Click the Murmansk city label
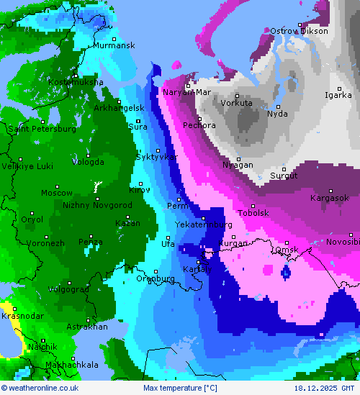pos(114,45)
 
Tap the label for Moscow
pos(56,193)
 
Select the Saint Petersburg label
pos(42,129)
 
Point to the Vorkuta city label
pos(236,103)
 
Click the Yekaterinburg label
pos(204,224)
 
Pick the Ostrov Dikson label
pos(299,31)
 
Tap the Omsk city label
pos(286,250)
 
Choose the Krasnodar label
pos(22,316)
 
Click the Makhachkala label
pos(71,365)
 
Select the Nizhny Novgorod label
pos(97,205)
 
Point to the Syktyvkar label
pos(156,157)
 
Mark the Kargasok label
pos(329,198)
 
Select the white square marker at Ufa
pos(168,237)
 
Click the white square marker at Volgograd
pos(69,282)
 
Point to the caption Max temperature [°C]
pos(180,389)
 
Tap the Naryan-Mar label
pos(186,92)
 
